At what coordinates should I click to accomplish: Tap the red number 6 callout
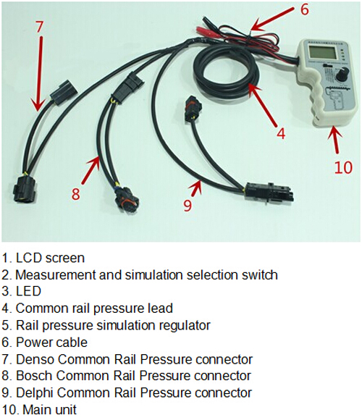coord(304,9)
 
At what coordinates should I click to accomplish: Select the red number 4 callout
coord(281,133)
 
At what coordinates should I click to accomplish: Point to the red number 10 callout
coord(343,167)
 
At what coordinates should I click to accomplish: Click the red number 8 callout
coord(76,193)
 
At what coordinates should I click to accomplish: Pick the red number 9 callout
coord(188,204)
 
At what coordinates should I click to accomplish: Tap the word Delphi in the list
coord(35,393)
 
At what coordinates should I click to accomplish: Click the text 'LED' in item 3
coord(28,291)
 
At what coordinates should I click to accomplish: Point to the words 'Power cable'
coord(51,343)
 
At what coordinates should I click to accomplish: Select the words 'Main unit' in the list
coord(49,410)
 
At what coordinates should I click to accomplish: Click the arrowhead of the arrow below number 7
coord(37,106)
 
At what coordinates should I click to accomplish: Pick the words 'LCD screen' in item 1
coord(51,258)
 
